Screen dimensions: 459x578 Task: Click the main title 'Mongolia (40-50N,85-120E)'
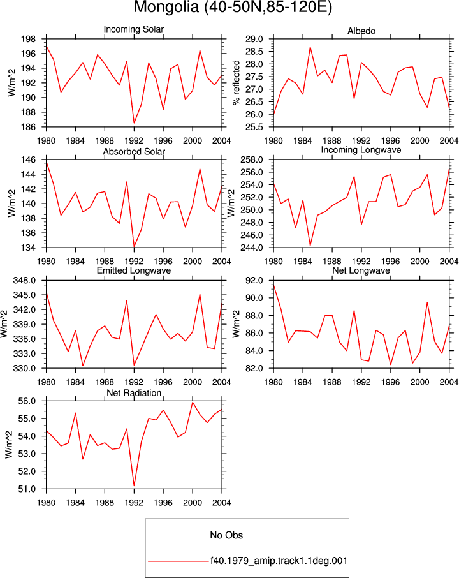point(233,7)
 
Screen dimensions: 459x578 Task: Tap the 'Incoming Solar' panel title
point(134,29)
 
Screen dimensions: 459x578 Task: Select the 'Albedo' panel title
point(361,31)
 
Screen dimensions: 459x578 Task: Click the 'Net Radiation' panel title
point(134,393)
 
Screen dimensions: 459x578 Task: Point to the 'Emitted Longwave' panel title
point(134,270)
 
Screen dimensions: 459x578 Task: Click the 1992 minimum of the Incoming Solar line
point(134,122)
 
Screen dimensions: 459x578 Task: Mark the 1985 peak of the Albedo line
point(310,47)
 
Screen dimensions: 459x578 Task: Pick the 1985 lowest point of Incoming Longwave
point(310,245)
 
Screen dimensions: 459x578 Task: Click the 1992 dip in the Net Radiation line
point(134,486)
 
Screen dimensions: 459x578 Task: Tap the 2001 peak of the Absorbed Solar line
point(200,169)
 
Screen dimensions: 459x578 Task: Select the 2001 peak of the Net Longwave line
point(427,302)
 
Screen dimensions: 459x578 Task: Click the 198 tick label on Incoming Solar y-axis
point(29,39)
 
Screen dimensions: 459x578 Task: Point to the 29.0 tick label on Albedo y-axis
point(254,39)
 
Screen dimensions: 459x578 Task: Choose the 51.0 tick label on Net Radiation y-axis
point(27,489)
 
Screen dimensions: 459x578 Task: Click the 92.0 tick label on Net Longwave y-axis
point(254,281)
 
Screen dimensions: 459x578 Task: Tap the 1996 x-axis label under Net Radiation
point(163,503)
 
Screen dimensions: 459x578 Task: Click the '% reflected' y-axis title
point(236,83)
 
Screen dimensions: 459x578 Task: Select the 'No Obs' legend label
point(226,535)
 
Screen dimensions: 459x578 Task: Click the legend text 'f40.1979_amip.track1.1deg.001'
point(279,561)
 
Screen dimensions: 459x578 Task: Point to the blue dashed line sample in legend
point(178,535)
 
